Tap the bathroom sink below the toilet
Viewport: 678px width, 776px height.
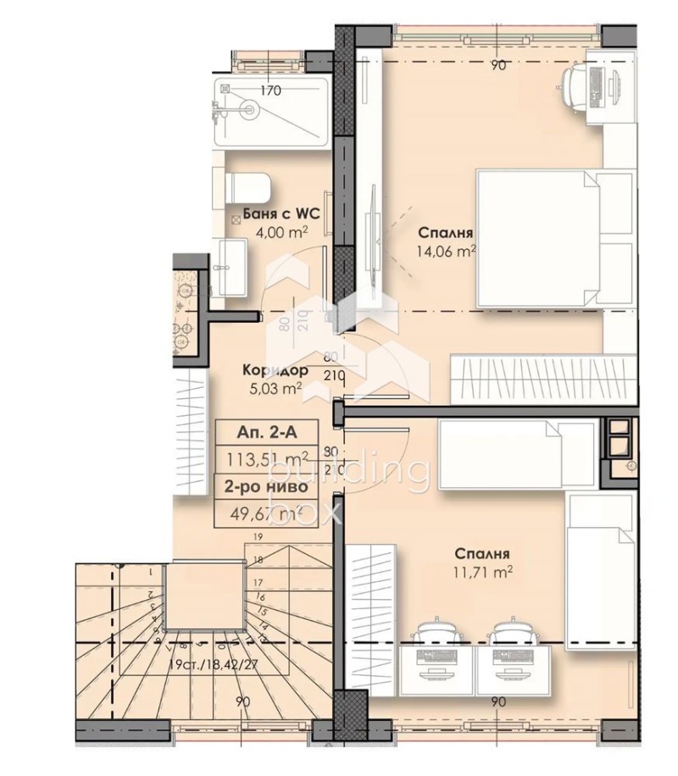[x=230, y=266]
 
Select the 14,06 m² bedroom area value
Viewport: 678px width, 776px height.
[x=445, y=250]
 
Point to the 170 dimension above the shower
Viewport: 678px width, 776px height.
[x=270, y=91]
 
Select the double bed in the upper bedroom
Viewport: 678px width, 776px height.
[x=554, y=238]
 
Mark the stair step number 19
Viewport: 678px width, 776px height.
[x=255, y=538]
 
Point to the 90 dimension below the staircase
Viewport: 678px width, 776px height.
[x=242, y=701]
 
